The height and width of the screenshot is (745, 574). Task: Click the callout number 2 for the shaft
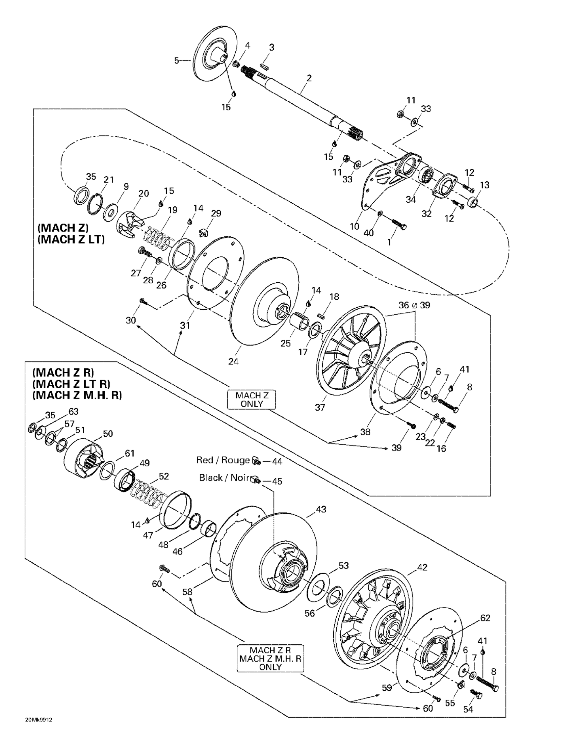point(309,78)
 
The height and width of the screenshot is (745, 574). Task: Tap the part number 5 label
point(176,61)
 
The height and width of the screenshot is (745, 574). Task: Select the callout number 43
point(321,509)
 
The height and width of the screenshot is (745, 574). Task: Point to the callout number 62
point(485,618)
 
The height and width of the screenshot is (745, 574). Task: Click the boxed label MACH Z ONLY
point(252,400)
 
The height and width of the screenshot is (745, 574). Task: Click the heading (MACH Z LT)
point(71,239)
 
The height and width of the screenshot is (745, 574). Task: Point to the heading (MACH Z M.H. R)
point(77,395)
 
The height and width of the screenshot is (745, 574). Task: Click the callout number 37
point(320,407)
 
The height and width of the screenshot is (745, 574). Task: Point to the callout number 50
point(108,434)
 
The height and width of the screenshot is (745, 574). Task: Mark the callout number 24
point(233,361)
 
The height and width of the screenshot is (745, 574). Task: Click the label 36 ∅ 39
point(414,305)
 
